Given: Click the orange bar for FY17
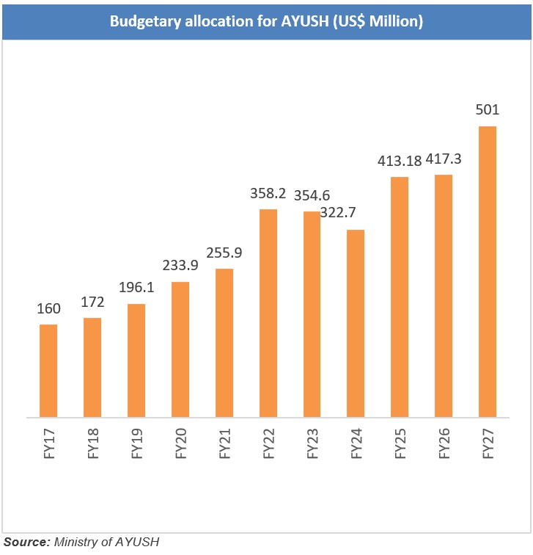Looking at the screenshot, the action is [x=48, y=371].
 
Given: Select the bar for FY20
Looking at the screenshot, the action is [x=180, y=349].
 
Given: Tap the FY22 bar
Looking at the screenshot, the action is [x=268, y=313].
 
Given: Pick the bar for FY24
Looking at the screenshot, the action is [x=356, y=323].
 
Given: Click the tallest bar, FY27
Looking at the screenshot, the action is [x=488, y=272].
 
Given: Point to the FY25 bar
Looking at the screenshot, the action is [x=400, y=297].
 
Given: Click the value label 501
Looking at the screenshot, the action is [x=488, y=109].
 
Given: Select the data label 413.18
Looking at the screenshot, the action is [x=400, y=161].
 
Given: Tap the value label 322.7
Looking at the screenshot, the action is [x=338, y=212].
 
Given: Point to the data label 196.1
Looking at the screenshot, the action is [x=136, y=287].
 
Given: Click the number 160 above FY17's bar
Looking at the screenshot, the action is [x=49, y=308].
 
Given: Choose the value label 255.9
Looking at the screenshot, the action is [x=224, y=253].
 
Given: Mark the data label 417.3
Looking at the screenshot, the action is [x=444, y=159].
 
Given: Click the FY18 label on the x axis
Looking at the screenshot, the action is [x=93, y=443].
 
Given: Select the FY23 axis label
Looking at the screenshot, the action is [x=312, y=443].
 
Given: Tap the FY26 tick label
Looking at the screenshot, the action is [x=444, y=443].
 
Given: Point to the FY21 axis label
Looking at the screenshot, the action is [x=225, y=443].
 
